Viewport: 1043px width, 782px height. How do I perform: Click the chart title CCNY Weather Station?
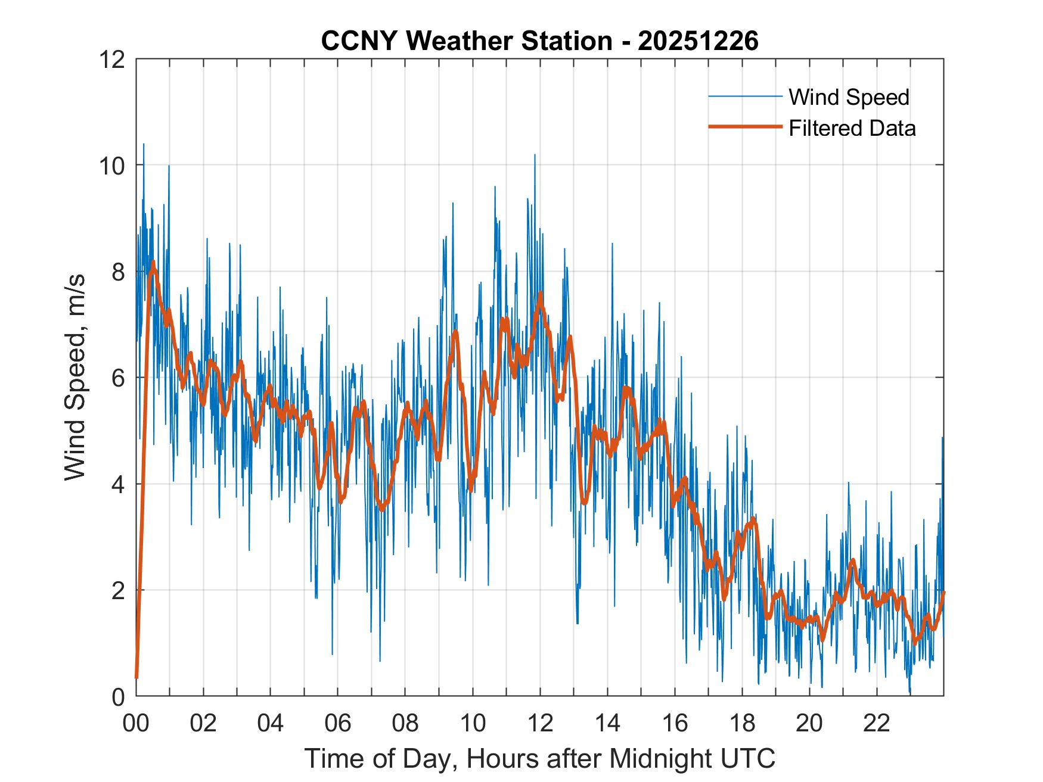click(x=466, y=41)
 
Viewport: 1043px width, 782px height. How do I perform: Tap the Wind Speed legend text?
click(x=849, y=97)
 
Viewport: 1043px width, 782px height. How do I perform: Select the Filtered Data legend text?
click(x=852, y=128)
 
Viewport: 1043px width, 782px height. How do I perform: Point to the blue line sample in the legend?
click(x=745, y=96)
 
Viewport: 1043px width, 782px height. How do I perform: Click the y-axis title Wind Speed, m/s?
click(x=75, y=377)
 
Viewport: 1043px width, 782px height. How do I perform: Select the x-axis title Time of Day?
click(x=539, y=759)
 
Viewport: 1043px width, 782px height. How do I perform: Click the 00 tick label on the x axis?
click(x=136, y=723)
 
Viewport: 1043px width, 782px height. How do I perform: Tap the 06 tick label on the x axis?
click(x=338, y=723)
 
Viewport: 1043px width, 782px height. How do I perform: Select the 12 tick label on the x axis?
click(x=540, y=723)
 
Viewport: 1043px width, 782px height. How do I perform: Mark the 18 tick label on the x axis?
click(x=742, y=723)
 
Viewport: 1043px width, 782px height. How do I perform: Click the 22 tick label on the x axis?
click(x=877, y=723)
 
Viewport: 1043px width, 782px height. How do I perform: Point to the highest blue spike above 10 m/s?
click(x=143, y=145)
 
